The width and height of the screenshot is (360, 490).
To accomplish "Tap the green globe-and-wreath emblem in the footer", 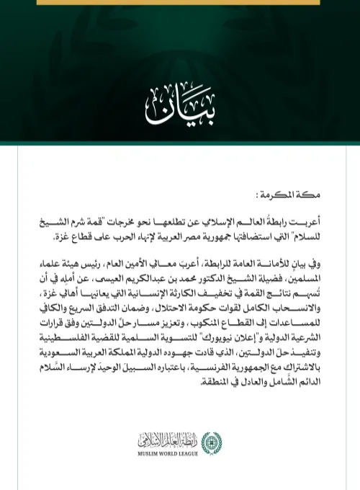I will click(x=212, y=442).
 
